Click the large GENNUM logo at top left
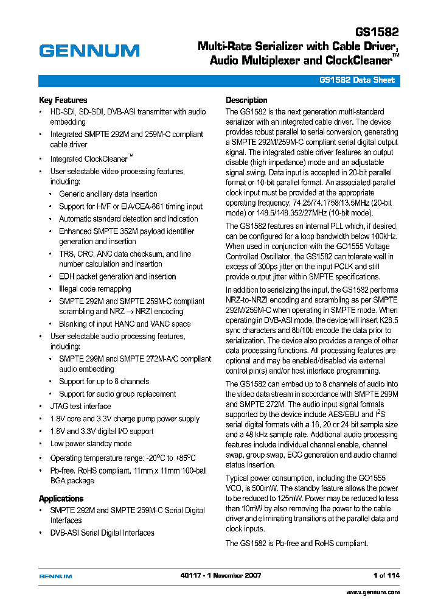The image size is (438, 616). pyautogui.click(x=89, y=51)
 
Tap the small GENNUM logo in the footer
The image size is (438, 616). pyautogui.click(x=55, y=576)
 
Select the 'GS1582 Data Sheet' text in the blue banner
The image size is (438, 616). pyautogui.click(x=357, y=80)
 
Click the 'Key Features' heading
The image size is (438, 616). pyautogui.click(x=63, y=100)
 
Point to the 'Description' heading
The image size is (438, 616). pyautogui.click(x=246, y=100)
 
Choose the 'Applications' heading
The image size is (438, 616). pyautogui.click(x=61, y=499)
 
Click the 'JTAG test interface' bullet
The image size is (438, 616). pyautogui.click(x=80, y=406)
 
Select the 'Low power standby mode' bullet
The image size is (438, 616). pyautogui.click(x=91, y=444)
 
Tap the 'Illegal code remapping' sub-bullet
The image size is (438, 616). pyautogui.click(x=95, y=289)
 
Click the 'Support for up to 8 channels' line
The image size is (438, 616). pyautogui.click(x=103, y=382)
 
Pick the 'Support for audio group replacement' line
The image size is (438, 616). pyautogui.click(x=117, y=394)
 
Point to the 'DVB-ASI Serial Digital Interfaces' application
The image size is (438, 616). pyautogui.click(x=102, y=533)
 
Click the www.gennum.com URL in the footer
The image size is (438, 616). pyautogui.click(x=373, y=592)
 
